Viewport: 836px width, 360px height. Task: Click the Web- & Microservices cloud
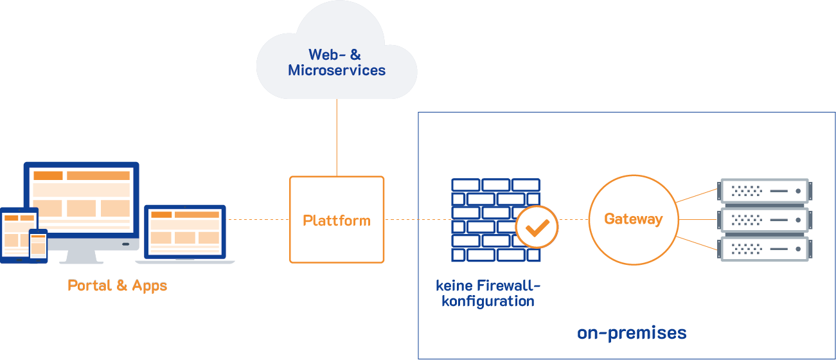(337, 55)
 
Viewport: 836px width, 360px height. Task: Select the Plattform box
(337, 220)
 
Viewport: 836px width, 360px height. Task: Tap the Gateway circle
(633, 219)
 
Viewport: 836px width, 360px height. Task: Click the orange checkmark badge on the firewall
(537, 227)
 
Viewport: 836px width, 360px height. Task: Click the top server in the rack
(763, 191)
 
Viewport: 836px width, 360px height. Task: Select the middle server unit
(763, 220)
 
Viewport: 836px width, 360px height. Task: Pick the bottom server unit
(763, 248)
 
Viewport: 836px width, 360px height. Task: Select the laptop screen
(185, 231)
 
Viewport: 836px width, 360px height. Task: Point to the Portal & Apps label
(118, 285)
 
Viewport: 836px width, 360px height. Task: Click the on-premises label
(632, 333)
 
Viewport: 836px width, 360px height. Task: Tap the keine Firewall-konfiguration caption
(488, 293)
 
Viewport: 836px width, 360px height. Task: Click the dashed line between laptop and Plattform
(257, 220)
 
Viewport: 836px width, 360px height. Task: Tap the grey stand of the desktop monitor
(82, 255)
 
